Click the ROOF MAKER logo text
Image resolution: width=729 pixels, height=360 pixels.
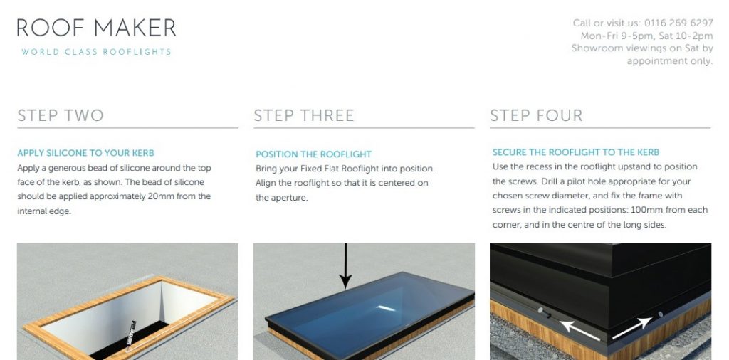97,28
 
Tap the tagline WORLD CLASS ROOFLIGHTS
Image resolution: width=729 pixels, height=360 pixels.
97,52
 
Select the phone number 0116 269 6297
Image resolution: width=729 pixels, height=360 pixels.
678,23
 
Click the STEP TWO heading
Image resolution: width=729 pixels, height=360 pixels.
61,115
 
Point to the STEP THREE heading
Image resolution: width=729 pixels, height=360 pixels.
304,115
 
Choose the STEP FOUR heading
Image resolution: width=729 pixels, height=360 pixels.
536,115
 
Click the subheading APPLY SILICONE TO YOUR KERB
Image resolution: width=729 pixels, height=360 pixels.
85,153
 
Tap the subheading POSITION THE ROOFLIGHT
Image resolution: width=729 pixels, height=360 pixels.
314,154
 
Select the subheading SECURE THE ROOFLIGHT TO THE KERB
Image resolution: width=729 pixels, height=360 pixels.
576,152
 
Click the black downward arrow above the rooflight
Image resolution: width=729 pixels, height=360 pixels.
345,265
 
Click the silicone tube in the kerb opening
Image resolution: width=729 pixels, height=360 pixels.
131,334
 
